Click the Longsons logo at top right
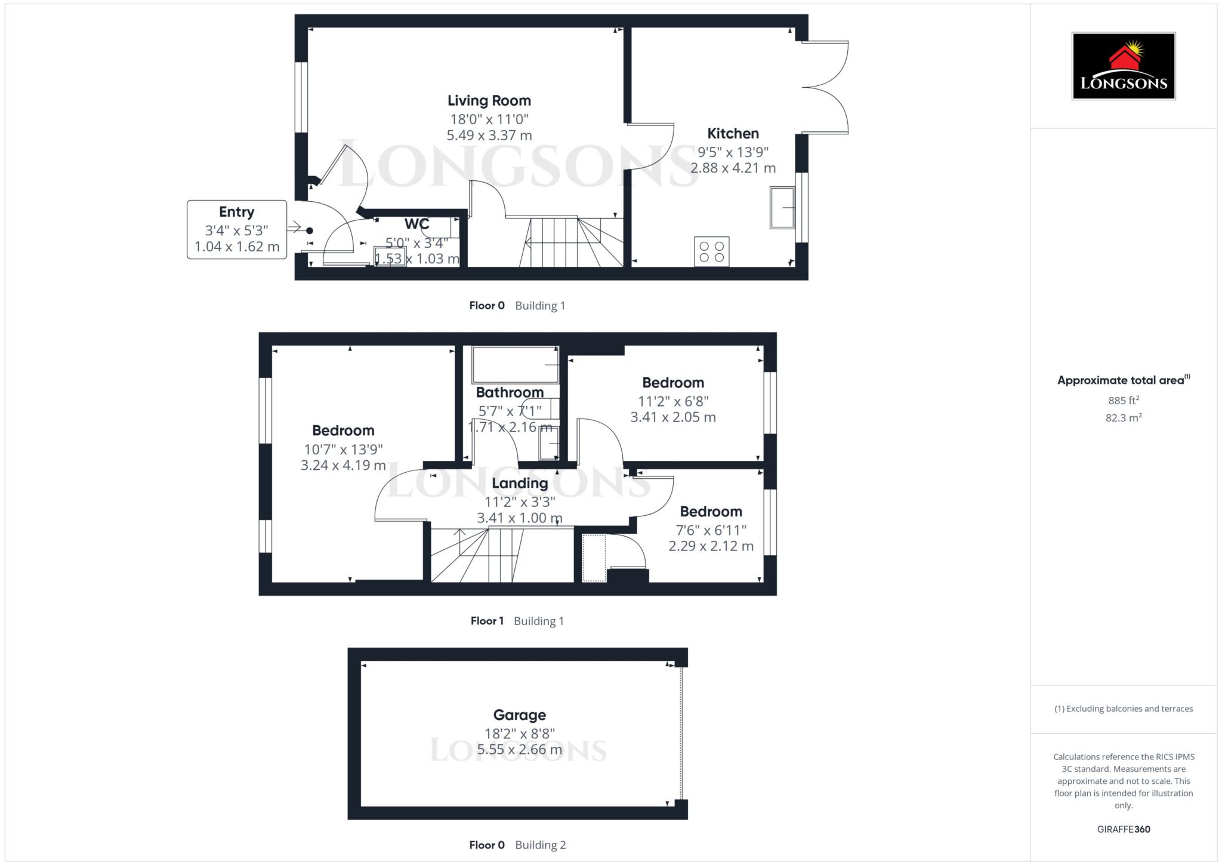(1123, 66)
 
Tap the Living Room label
(489, 101)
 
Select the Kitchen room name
(733, 134)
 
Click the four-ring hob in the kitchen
(711, 251)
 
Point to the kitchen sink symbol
(782, 208)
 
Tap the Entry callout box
(237, 229)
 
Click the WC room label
(416, 224)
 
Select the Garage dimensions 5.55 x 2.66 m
(519, 750)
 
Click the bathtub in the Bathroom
(515, 365)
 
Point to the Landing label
(519, 484)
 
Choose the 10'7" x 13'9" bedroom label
(343, 431)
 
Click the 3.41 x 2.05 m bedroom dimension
(672, 417)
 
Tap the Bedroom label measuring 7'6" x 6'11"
(711, 512)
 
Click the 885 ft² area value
(1123, 401)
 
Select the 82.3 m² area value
(1123, 418)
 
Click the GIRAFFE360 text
(1123, 829)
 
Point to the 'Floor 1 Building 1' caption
(517, 621)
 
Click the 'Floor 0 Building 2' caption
(517, 845)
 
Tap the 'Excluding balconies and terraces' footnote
(1123, 709)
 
